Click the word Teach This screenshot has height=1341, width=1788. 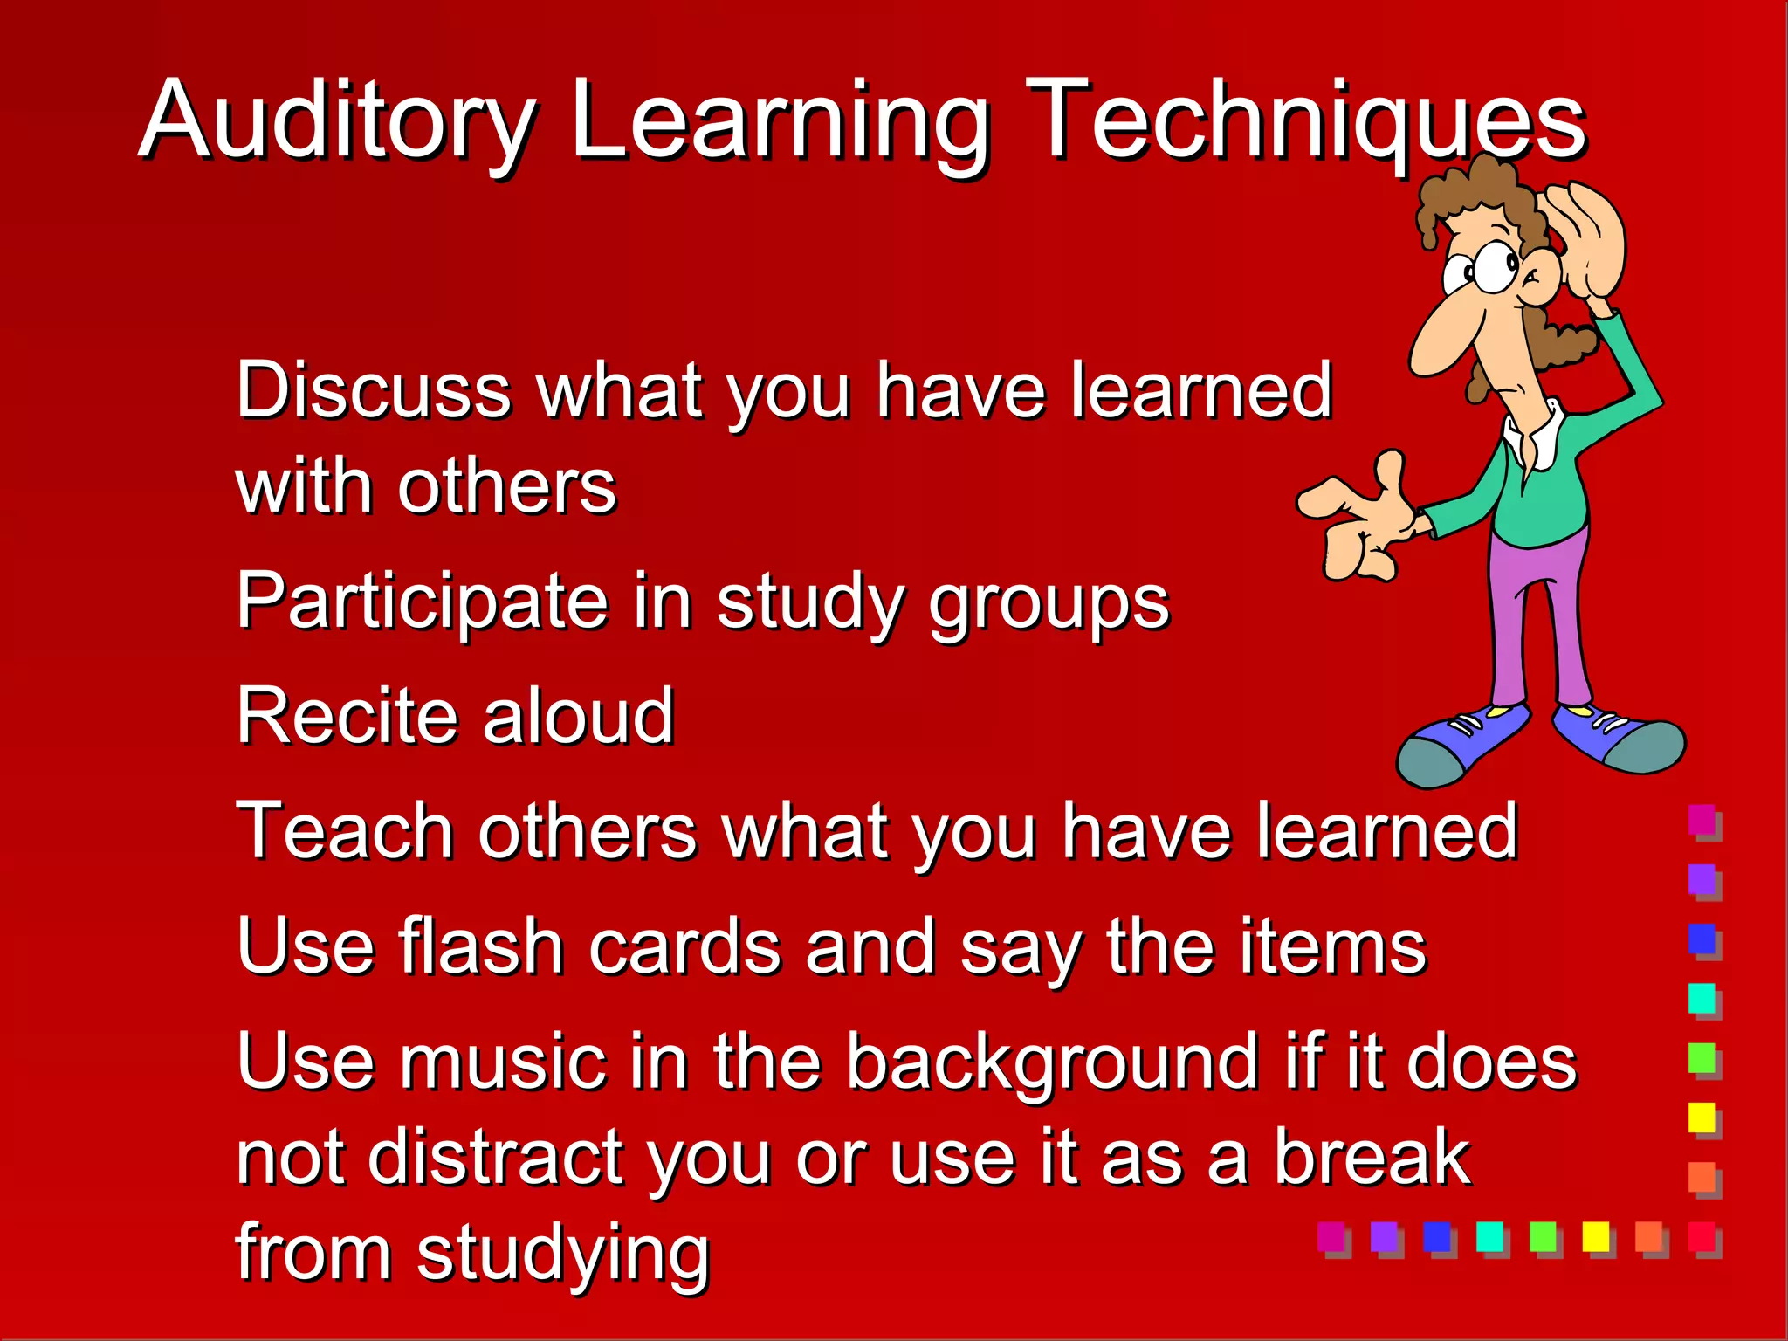(x=344, y=831)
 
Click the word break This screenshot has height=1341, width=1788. (x=1372, y=1158)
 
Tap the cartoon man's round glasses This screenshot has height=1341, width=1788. (x=1489, y=266)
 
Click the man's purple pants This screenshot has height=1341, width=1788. (x=1537, y=611)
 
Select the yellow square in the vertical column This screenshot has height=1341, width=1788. (x=1702, y=1117)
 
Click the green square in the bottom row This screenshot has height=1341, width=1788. (x=1542, y=1236)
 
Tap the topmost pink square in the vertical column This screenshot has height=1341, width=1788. (x=1702, y=819)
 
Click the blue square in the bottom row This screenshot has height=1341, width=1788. (x=1436, y=1236)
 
